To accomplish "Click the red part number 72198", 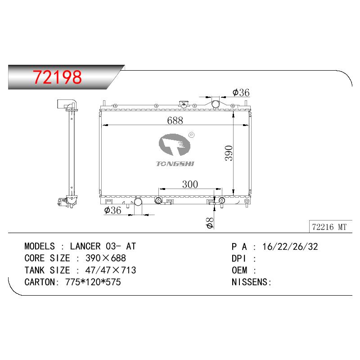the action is point(57,76).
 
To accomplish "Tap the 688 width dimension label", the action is point(175,121).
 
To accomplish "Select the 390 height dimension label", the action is point(229,153).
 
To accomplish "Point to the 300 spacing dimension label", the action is point(190,184).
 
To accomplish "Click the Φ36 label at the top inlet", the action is point(241,93).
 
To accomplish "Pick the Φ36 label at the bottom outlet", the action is point(112,210).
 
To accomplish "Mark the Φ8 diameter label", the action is point(210,223).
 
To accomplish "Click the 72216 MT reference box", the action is point(330,227).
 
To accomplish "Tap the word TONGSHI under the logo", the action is point(175,164).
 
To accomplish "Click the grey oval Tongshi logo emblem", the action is point(175,144).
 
